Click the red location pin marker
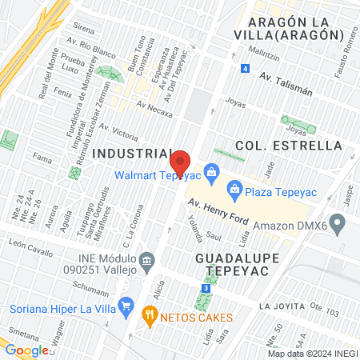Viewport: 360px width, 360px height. pos(181,162)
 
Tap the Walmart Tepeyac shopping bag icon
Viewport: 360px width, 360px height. pos(212,170)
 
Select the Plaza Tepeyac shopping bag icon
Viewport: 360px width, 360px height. pos(234,189)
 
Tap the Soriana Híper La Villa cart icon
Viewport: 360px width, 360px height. pos(125,305)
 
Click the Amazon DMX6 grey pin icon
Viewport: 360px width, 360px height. pos(342,224)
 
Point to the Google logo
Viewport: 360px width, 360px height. pos(27,350)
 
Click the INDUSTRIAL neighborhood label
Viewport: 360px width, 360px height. pos(132,152)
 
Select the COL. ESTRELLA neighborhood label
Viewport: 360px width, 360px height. pos(289,145)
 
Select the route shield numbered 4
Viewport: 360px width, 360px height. pos(243,69)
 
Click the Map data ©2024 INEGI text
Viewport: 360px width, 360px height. pos(313,354)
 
